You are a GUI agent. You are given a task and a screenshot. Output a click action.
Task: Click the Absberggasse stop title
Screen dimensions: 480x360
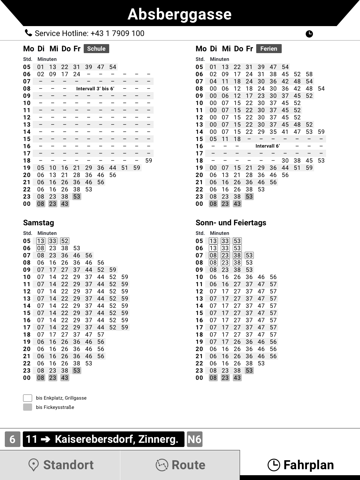pos(179,14)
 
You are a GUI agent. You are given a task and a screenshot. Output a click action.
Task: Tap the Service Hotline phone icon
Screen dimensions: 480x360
pos(28,33)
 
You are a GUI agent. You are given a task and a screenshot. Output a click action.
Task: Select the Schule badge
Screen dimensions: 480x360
pos(96,49)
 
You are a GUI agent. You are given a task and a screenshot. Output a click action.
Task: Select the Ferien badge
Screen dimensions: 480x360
pos(269,49)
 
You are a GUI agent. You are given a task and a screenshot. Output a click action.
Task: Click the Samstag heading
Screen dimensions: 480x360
pos(39,223)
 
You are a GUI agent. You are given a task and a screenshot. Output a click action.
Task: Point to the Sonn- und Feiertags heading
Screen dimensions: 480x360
pos(231,223)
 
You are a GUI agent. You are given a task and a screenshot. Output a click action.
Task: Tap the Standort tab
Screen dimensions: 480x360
pos(60,465)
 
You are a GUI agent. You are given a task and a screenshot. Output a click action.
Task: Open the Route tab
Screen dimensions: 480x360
pos(180,465)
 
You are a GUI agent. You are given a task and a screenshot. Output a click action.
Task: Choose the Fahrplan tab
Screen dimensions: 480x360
pos(300,465)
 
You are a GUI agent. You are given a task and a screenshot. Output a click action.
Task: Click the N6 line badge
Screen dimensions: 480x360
pos(194,439)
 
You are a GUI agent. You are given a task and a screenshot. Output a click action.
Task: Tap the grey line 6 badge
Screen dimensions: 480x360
pos(13,439)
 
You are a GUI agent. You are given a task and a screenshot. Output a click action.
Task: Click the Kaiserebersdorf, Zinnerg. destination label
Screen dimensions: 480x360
pos(116,439)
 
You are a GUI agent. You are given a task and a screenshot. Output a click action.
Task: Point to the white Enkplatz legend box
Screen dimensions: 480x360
pos(28,398)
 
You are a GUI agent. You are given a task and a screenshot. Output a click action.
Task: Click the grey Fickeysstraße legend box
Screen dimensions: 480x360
pos(28,407)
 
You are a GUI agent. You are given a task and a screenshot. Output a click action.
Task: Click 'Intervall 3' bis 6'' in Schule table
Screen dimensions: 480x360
pos(95,88)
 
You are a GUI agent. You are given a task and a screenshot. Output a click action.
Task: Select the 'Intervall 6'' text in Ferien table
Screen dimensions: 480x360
pos(268,146)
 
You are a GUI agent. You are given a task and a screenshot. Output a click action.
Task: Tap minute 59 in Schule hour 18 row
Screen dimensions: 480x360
pos(148,160)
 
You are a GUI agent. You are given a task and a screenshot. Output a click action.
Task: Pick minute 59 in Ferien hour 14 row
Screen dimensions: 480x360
pos(321,132)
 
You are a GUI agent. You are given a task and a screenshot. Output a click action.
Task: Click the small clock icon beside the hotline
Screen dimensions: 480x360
pos(309,34)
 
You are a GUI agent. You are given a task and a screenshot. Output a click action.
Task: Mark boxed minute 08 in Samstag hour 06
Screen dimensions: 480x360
pos(40,248)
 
